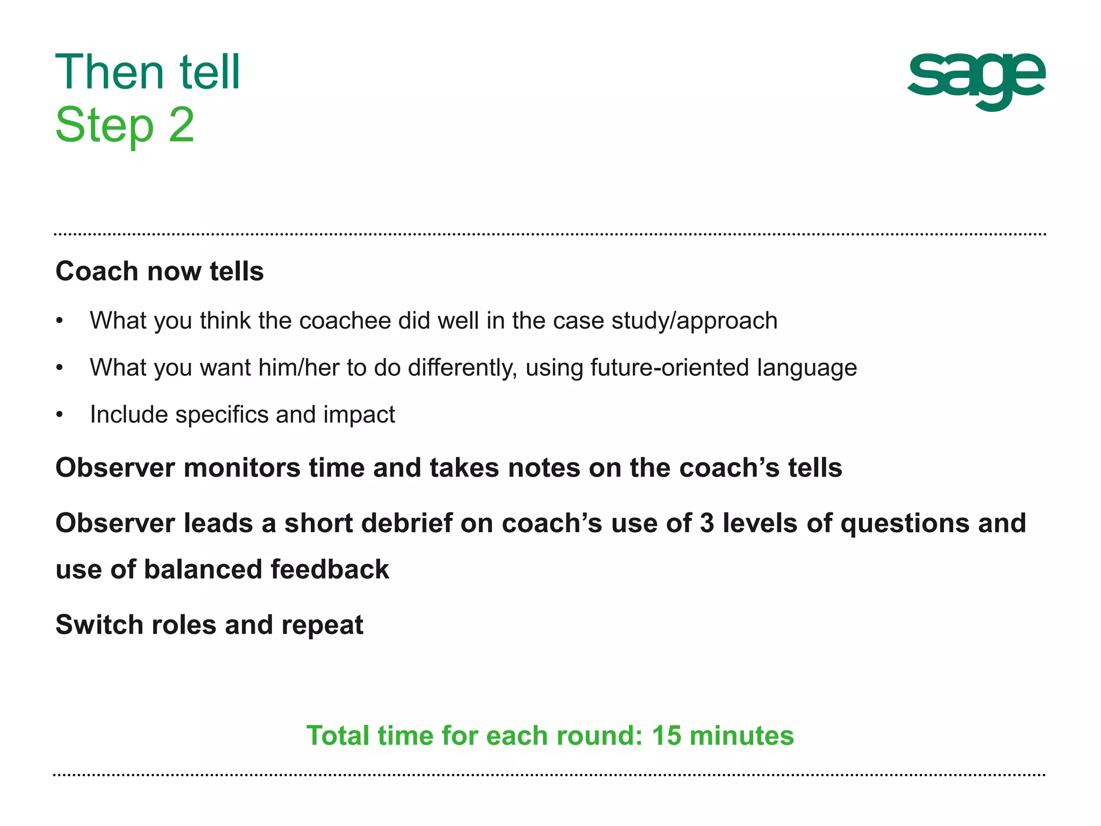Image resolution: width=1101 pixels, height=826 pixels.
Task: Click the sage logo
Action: click(x=976, y=81)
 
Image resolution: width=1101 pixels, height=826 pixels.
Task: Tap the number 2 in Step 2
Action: click(x=181, y=125)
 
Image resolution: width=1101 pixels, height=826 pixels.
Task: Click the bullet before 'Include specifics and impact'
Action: click(x=60, y=415)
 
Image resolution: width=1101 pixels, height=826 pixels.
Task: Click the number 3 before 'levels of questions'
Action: click(x=707, y=523)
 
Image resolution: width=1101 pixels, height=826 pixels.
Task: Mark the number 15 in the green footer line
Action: click(x=666, y=736)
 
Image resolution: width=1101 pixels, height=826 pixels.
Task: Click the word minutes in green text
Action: click(x=741, y=736)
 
